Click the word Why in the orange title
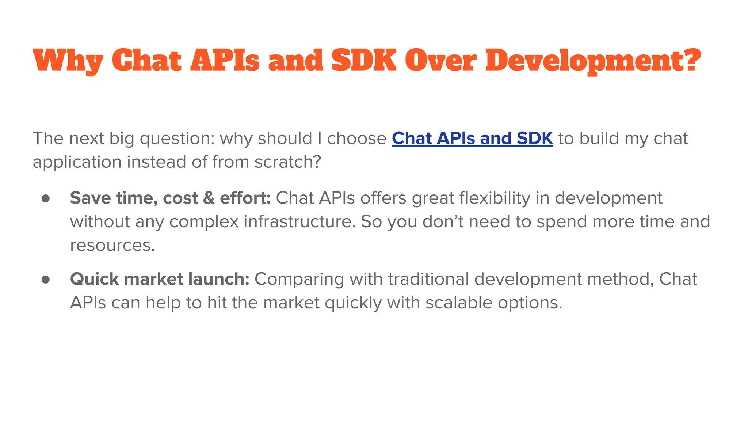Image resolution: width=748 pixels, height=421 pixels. coord(68,61)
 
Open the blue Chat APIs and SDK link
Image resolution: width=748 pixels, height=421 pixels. coord(472,139)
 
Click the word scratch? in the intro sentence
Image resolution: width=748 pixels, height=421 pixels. coord(288,162)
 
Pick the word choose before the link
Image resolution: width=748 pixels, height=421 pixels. coord(356,139)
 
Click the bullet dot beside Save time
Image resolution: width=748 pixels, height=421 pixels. coord(46,198)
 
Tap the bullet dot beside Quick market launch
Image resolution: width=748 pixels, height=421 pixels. coord(46,280)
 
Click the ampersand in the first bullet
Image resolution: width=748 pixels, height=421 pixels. coord(209,198)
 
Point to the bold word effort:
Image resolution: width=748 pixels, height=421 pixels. coord(245,198)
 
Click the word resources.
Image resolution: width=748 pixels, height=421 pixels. coord(112,245)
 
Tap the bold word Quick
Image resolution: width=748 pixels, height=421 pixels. coord(95,280)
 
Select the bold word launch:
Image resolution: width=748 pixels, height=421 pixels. coord(219,279)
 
